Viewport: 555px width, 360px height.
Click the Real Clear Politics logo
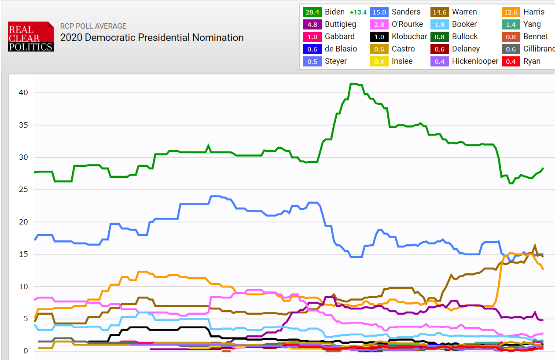pyautogui.click(x=31, y=37)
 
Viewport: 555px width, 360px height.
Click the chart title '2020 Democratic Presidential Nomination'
pyautogui.click(x=152, y=38)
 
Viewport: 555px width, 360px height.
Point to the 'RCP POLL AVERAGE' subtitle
pyautogui.click(x=93, y=26)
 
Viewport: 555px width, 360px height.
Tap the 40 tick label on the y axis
pyautogui.click(x=23, y=93)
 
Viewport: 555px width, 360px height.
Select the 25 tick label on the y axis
pyautogui.click(x=23, y=190)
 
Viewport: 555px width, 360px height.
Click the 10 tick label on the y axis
pyautogui.click(x=23, y=287)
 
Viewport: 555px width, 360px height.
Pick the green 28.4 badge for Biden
pyautogui.click(x=312, y=12)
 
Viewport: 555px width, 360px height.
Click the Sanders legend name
pyautogui.click(x=406, y=12)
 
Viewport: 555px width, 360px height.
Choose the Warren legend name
pyautogui.click(x=464, y=12)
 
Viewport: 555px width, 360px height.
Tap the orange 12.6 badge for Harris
pyautogui.click(x=511, y=12)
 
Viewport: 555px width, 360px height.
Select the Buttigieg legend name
pyautogui.click(x=340, y=24)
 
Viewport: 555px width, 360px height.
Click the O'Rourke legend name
pyautogui.click(x=407, y=24)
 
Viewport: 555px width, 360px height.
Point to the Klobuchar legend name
pyautogui.click(x=409, y=37)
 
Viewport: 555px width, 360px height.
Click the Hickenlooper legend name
pyautogui.click(x=475, y=61)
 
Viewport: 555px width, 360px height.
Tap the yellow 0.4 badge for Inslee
pyautogui.click(x=379, y=61)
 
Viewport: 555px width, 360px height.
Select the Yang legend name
pyautogui.click(x=532, y=24)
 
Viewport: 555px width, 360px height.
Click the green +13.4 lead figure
pyautogui.click(x=358, y=12)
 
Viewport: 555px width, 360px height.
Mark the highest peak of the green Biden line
pyautogui.click(x=353, y=84)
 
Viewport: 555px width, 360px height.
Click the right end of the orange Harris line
pyautogui.click(x=543, y=269)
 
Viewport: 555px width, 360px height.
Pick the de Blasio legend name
pyautogui.click(x=341, y=49)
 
